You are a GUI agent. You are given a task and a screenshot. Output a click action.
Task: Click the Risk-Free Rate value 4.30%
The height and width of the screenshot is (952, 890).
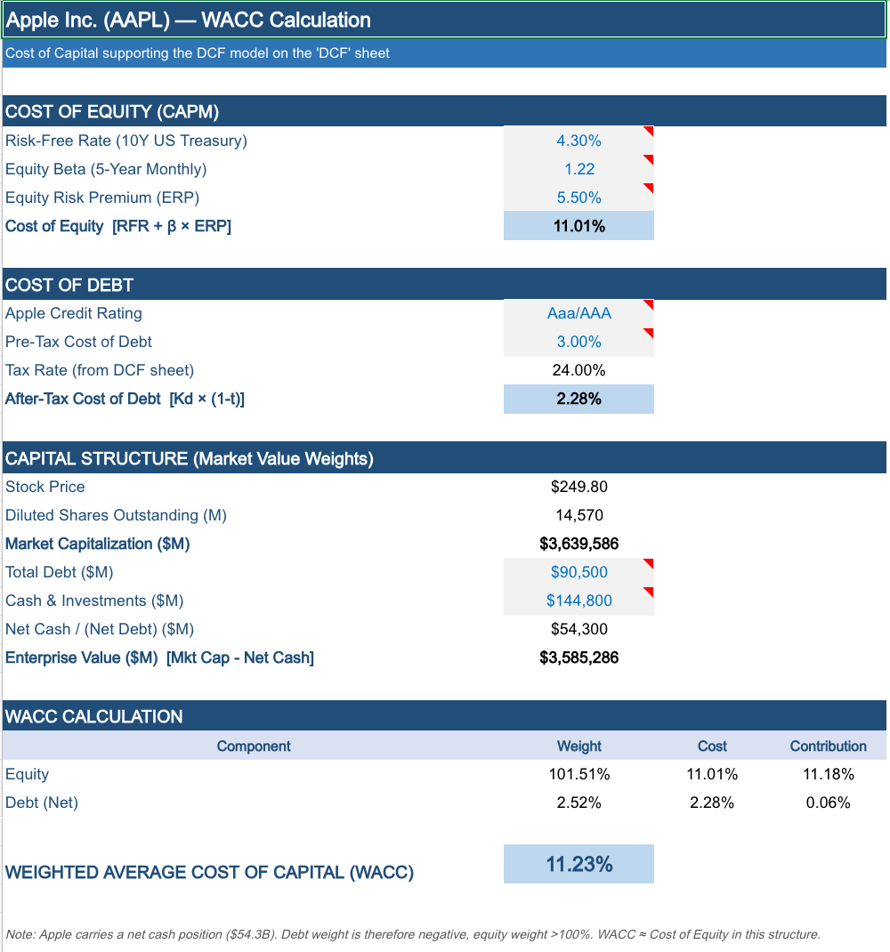[x=578, y=141]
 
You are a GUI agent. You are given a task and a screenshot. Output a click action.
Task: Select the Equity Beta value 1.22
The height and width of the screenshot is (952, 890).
[x=578, y=169]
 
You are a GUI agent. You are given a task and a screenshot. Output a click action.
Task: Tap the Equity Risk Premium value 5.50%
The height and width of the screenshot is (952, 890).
[x=578, y=198]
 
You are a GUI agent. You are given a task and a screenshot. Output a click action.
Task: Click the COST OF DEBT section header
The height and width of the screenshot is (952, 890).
[x=69, y=285]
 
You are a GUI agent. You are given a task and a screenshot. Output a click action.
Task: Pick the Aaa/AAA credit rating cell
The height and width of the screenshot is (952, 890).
[x=578, y=313]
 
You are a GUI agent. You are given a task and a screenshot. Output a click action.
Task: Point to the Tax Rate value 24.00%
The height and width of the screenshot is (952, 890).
[x=578, y=370]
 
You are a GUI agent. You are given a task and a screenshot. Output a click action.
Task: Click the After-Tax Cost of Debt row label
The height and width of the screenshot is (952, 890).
[x=125, y=399]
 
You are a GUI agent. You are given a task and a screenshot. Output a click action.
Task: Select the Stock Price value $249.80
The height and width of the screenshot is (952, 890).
[x=578, y=487]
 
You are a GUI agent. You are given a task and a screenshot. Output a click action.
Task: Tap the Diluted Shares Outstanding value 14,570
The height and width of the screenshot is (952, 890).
[x=578, y=515]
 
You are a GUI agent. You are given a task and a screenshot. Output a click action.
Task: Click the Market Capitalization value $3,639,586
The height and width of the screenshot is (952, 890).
[x=578, y=544]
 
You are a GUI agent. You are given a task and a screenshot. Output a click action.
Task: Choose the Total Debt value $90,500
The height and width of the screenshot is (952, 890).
[x=578, y=572]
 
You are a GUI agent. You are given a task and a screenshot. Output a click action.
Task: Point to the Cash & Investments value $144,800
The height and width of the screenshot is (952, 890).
[x=578, y=601]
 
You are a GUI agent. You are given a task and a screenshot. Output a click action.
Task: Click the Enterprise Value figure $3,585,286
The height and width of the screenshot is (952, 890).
[x=578, y=658]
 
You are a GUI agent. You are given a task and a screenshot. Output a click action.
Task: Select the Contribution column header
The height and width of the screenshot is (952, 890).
[x=828, y=746]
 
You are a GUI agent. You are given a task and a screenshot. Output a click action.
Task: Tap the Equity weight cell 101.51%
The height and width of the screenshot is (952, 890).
[x=578, y=774]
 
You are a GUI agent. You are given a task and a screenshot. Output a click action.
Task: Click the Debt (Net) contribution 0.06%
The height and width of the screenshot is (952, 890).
[x=828, y=803]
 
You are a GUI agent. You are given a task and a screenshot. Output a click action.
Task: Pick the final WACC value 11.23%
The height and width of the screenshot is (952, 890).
[x=578, y=864]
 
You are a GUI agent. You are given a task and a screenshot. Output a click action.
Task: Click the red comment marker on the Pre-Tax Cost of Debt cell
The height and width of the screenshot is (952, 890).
[x=649, y=333]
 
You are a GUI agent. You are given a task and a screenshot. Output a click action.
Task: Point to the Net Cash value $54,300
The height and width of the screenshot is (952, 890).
[x=578, y=629]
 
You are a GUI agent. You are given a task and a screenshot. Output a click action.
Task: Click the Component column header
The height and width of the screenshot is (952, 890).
[x=254, y=746]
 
